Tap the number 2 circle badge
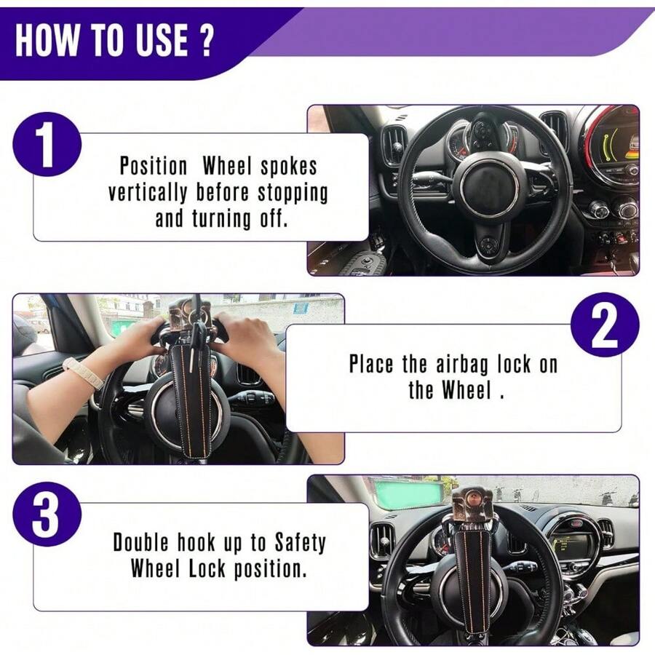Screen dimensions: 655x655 (604, 325)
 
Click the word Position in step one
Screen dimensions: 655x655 (154, 166)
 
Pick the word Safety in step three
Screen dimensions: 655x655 (300, 542)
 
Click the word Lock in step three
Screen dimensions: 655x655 (206, 568)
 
